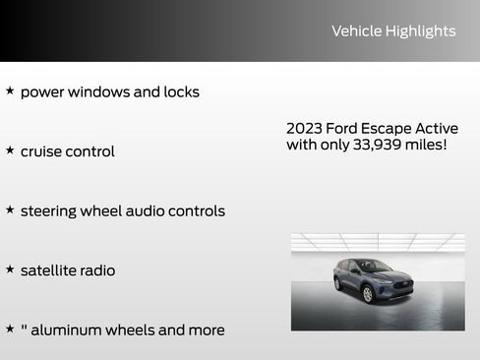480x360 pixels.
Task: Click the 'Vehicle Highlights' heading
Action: click(x=393, y=31)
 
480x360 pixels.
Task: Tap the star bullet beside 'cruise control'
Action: click(x=10, y=150)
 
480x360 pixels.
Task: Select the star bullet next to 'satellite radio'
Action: click(x=10, y=268)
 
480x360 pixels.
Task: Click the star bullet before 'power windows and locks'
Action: click(x=10, y=90)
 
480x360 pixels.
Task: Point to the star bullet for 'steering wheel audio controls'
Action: click(x=10, y=209)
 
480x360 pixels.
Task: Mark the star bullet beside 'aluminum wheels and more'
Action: click(x=10, y=328)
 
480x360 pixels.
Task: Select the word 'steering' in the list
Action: click(x=52, y=211)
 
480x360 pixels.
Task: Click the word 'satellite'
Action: click(x=50, y=270)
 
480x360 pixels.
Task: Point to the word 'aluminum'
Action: click(x=66, y=330)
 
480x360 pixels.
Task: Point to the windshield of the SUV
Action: click(x=372, y=266)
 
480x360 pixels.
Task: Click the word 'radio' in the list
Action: click(x=96, y=270)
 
